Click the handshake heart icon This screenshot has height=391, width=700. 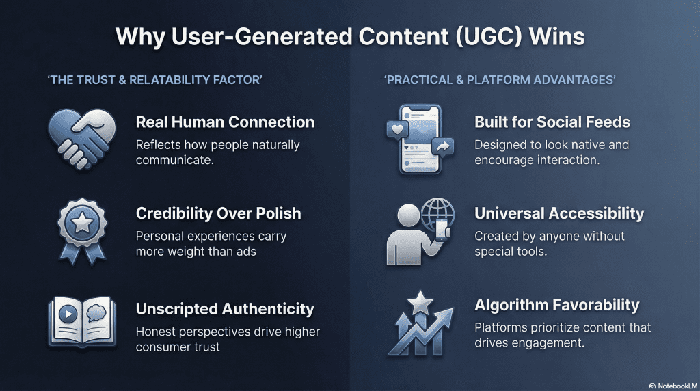tap(82, 139)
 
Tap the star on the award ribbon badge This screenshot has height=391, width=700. tap(83, 223)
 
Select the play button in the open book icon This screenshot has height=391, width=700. tap(68, 314)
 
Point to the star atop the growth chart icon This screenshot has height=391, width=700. tap(420, 303)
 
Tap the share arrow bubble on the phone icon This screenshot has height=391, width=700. tap(443, 147)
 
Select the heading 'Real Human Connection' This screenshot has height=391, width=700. tap(225, 122)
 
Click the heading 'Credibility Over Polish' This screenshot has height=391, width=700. tap(218, 213)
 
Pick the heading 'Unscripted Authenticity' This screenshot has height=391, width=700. tap(225, 309)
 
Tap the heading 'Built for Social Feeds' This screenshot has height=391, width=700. tap(552, 122)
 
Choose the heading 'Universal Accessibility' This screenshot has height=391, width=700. tap(559, 213)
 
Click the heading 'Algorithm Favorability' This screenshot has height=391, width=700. tap(557, 305)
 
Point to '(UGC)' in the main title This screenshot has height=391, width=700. tap(489, 37)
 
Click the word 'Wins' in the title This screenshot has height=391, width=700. tap(557, 36)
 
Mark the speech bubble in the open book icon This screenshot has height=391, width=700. tap(96, 313)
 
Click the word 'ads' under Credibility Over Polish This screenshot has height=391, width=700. tap(246, 252)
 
